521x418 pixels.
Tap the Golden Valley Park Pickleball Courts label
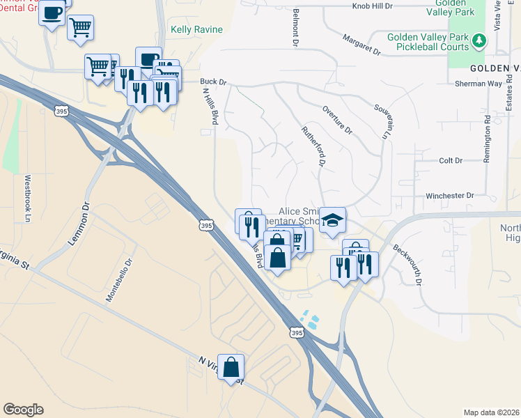[426, 42]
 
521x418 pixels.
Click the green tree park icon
[479, 41]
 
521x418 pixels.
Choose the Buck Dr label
[214, 82]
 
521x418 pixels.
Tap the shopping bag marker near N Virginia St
[231, 366]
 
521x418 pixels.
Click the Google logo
[23, 410]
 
